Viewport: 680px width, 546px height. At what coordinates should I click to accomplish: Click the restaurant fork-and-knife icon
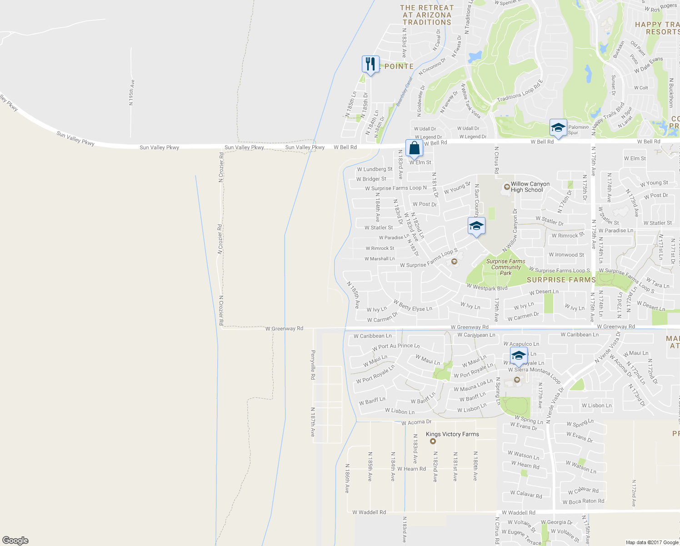370,64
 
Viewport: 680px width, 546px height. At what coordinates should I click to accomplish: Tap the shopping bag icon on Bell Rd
414,148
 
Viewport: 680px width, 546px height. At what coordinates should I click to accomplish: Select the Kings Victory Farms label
452,434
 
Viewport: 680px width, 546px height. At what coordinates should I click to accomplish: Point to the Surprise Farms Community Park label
505,267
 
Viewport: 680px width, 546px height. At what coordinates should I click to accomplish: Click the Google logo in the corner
15,540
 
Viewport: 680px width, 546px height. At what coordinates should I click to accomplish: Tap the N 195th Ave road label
131,93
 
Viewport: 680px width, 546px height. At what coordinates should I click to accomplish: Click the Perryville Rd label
313,365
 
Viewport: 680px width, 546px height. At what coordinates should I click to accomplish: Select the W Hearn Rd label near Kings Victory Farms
411,469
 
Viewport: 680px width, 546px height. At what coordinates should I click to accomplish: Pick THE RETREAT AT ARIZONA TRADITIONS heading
426,15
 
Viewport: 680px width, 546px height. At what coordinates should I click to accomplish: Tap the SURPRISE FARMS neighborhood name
561,280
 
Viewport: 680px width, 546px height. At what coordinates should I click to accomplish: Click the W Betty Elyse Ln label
413,305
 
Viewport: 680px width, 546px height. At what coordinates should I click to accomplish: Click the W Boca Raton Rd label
583,501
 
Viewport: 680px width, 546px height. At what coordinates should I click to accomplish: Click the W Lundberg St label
375,169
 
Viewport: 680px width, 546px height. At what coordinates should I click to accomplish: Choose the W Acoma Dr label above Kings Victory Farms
416,422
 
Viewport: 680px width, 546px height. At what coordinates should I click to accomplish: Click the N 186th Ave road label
347,478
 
